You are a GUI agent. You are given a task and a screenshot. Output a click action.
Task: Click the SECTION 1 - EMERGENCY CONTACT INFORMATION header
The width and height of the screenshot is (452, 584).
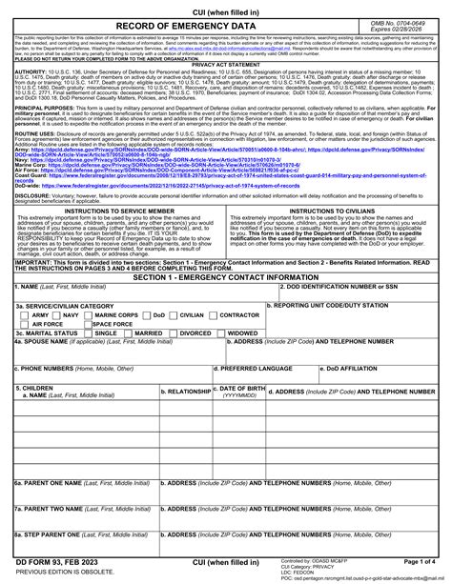[x=225, y=275]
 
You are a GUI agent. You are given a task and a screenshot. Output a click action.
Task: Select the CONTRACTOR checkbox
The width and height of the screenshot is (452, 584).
[x=211, y=314]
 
